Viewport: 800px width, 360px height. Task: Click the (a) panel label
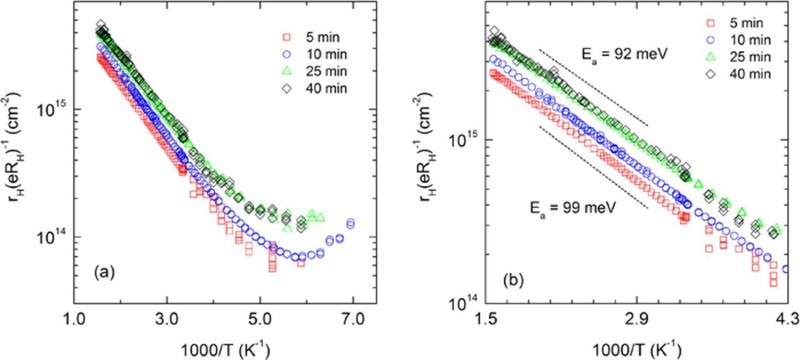(x=104, y=272)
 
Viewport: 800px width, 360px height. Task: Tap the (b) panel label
(x=514, y=281)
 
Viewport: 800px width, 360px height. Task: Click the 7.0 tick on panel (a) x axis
(x=353, y=319)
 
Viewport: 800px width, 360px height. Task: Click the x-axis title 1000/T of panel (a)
(x=225, y=347)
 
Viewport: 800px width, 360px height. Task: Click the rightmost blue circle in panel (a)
(x=351, y=223)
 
